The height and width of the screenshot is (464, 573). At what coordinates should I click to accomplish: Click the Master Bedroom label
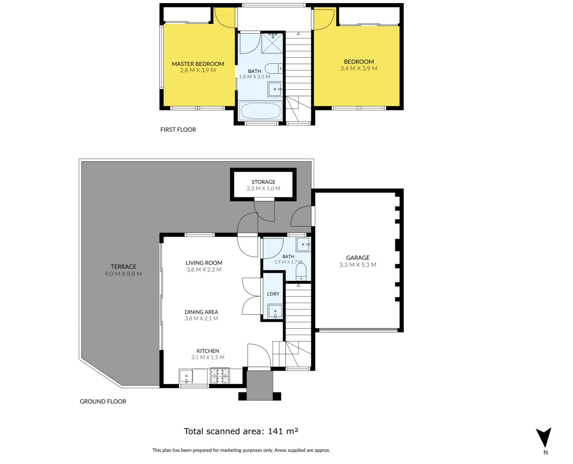click(x=198, y=64)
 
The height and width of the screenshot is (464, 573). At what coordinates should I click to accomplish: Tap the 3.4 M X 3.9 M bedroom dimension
click(x=359, y=68)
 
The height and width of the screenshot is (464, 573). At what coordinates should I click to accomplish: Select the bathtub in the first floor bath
click(x=261, y=111)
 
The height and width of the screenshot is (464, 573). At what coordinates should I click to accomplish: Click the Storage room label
click(x=263, y=182)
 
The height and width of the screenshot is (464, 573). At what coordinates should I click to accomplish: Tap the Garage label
click(x=358, y=258)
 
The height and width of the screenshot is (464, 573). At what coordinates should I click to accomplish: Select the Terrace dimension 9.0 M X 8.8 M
click(x=123, y=274)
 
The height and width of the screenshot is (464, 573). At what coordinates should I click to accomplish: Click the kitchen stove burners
click(x=220, y=376)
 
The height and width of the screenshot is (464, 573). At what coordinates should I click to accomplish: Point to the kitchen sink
click(x=186, y=376)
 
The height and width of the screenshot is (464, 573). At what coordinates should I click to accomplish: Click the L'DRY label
click(x=273, y=294)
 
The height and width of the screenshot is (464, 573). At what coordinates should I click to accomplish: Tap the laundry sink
click(x=275, y=312)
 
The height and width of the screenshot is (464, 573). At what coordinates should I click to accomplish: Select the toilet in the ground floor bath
click(x=301, y=272)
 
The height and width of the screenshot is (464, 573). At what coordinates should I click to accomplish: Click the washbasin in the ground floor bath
click(x=304, y=244)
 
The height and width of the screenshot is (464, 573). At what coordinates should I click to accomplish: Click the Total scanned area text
click(x=241, y=431)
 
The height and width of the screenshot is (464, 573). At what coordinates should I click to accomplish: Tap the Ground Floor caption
click(x=103, y=402)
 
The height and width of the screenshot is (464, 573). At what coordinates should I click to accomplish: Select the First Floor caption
click(x=178, y=130)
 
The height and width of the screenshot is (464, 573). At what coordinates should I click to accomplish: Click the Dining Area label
click(x=201, y=312)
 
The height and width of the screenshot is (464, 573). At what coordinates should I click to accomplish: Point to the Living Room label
click(x=204, y=263)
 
